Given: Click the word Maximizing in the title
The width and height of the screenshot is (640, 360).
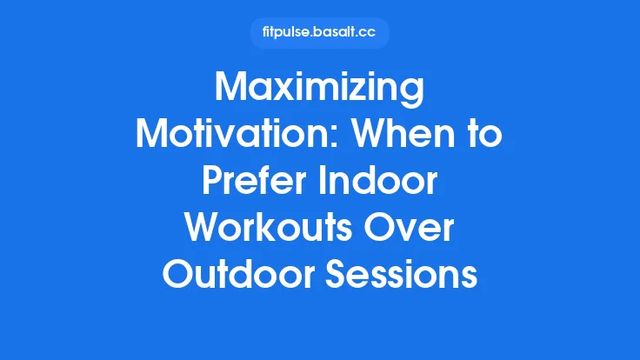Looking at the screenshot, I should coord(319,90).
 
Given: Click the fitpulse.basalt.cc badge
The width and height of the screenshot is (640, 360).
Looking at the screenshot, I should coord(319,33).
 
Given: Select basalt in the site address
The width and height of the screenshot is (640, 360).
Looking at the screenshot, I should coord(334,33).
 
